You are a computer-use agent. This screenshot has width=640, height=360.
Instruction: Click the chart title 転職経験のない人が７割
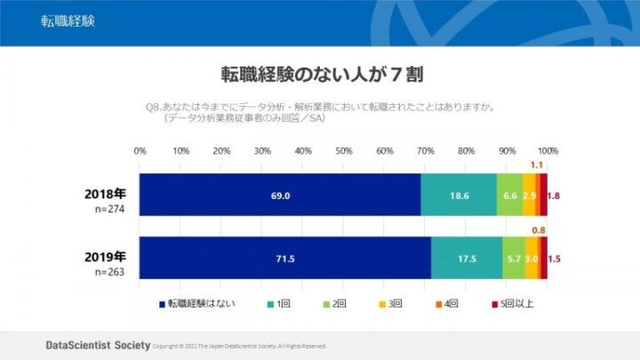coord(320,73)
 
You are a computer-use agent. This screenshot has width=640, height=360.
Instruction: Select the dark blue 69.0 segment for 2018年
coord(280,195)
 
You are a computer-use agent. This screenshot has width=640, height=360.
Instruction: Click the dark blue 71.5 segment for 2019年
coord(285,259)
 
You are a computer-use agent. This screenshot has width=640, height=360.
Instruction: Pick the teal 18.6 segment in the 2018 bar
coord(459,195)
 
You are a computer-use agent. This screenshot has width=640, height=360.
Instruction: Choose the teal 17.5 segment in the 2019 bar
coord(466,259)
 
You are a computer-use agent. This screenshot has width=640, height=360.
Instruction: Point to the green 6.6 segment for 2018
coord(510,195)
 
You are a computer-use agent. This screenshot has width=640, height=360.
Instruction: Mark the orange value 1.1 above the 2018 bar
coord(537,165)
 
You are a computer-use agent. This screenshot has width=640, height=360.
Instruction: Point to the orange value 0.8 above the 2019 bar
coord(539,230)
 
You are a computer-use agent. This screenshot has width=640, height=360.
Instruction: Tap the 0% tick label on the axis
coord(140,150)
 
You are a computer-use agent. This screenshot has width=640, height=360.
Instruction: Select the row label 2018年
coord(106,192)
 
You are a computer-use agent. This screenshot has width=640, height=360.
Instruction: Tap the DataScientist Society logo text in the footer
coord(97,344)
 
